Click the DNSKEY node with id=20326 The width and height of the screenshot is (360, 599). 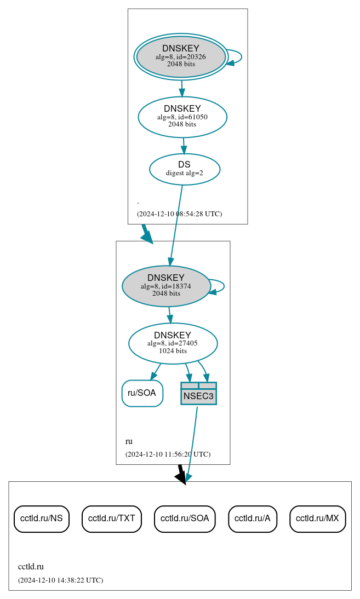point(181,57)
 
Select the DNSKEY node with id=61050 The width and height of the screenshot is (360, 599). point(182,117)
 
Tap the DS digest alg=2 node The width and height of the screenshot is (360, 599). point(184,169)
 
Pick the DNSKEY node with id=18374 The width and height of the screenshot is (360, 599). point(166,286)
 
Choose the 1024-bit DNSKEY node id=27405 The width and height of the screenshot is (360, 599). point(173,343)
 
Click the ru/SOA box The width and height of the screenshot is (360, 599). point(142,393)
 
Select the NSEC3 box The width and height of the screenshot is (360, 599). point(198,394)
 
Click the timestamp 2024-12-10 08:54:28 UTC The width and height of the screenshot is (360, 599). point(179,214)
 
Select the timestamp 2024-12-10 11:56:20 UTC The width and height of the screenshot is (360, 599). point(168,454)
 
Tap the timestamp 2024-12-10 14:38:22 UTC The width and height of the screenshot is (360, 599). point(60,580)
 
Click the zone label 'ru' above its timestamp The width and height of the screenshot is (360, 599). point(129,441)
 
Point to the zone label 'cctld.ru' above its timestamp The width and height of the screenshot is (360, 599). point(31,567)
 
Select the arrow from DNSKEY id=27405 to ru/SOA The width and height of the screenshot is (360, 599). point(156,371)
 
